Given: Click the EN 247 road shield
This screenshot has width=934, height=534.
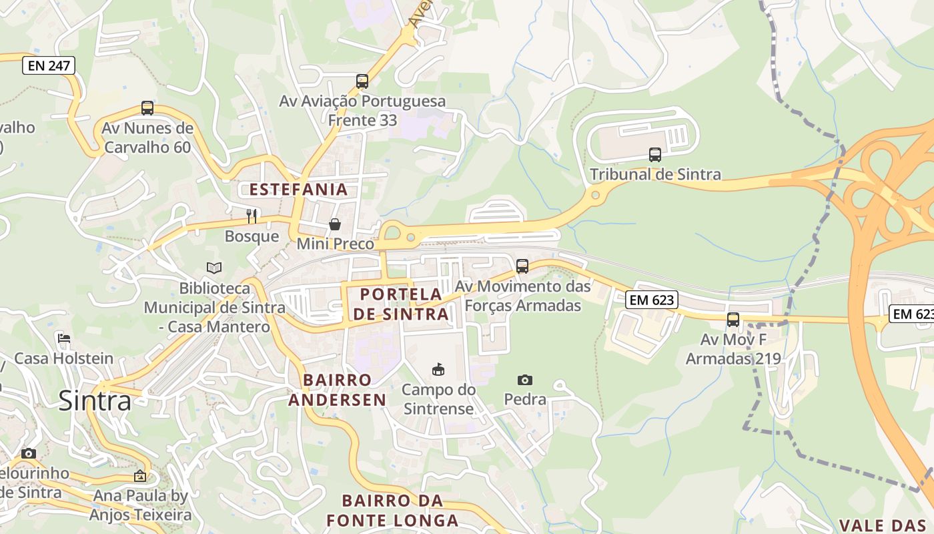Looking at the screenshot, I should coord(49,65).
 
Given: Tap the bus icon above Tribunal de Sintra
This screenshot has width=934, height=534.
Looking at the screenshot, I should coord(655,155).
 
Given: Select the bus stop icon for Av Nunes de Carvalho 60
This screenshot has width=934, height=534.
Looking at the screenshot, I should coord(147,108).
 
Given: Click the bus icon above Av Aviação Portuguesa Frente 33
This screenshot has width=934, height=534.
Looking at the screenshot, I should coord(362,81).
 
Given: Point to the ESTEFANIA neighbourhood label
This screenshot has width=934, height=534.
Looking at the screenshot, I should coord(299,190).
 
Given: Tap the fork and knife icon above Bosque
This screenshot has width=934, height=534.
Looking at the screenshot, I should coord(252,216).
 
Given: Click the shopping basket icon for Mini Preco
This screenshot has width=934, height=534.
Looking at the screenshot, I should coord(335,224).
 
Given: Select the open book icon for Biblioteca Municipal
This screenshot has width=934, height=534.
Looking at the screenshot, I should coord(214,268).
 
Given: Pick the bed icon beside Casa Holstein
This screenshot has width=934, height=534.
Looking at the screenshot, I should coord(64,338).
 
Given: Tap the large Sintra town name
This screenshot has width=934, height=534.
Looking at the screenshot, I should coord(95,400).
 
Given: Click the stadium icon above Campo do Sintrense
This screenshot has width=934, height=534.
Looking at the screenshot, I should coord(438,369).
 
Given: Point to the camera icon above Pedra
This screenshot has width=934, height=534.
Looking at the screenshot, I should coord(525,380).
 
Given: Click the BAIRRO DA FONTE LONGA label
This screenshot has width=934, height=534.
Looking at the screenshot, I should coord(392,511).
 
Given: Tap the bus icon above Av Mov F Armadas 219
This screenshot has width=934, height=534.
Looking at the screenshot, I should coord(733,320).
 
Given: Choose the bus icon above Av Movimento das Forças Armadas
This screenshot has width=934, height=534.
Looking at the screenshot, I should coord(522,266).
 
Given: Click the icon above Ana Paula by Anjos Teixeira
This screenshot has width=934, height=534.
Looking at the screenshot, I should coord(140,476).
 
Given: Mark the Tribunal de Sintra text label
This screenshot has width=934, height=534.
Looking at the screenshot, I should coord(655,175).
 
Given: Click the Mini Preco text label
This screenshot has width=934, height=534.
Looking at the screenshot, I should coord(335,244).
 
